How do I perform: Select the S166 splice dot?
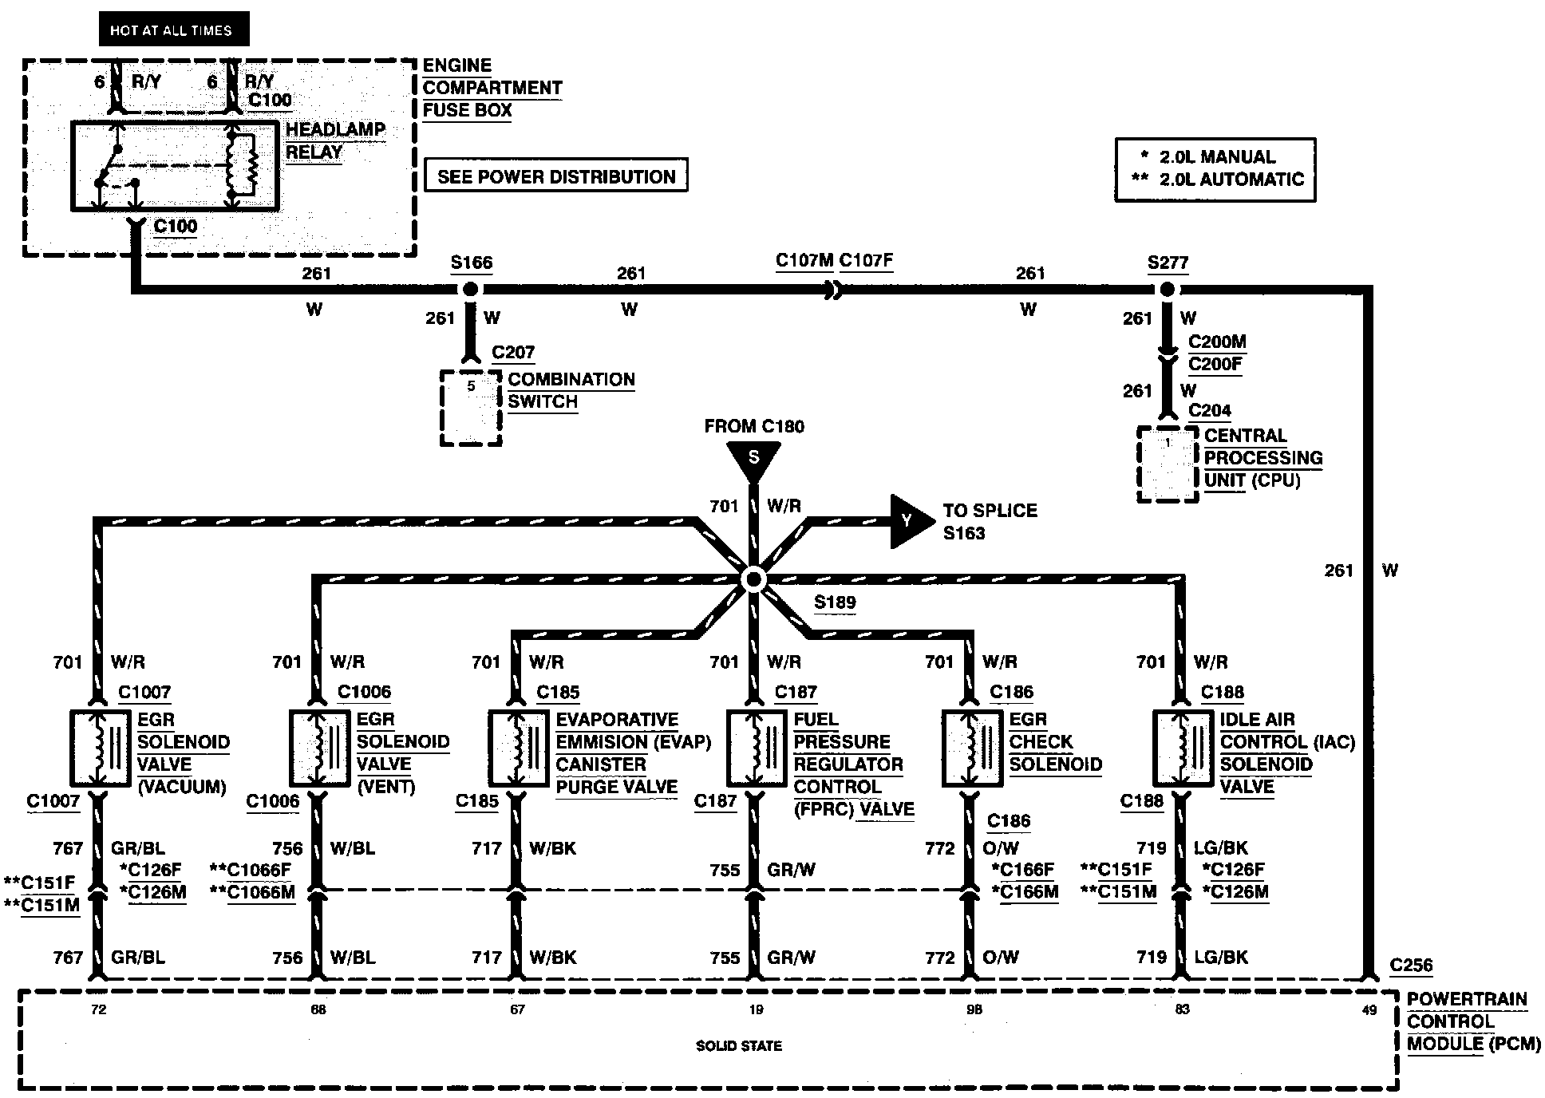[x=471, y=289]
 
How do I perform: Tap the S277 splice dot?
[x=1167, y=289]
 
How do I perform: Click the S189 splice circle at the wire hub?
[x=753, y=579]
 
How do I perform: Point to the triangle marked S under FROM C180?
[x=753, y=460]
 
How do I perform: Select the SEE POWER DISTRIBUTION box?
[x=556, y=176]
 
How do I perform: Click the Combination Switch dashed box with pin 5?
[x=471, y=407]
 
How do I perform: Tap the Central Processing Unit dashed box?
[x=1168, y=464]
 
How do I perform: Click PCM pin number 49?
[x=1369, y=1010]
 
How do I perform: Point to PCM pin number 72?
[x=98, y=1010]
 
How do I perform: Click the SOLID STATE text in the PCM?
[x=739, y=1045]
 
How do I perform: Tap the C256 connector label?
[x=1411, y=966]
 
